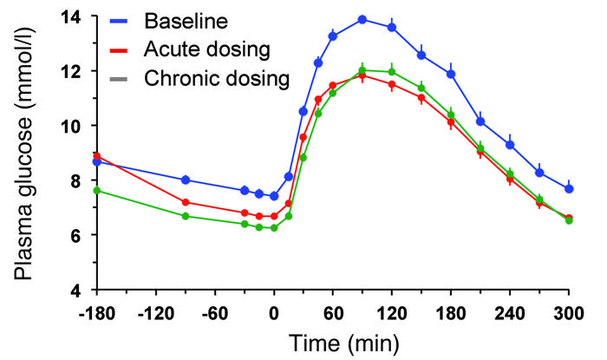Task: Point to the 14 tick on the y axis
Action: [75, 16]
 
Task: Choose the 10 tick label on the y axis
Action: [75, 126]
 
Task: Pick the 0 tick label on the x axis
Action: [274, 313]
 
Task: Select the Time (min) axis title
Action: [333, 344]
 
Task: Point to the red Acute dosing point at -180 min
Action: [97, 156]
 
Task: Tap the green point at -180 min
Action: [97, 190]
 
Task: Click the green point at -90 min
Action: [186, 216]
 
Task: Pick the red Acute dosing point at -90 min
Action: [186, 202]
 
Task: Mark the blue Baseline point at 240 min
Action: [510, 145]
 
